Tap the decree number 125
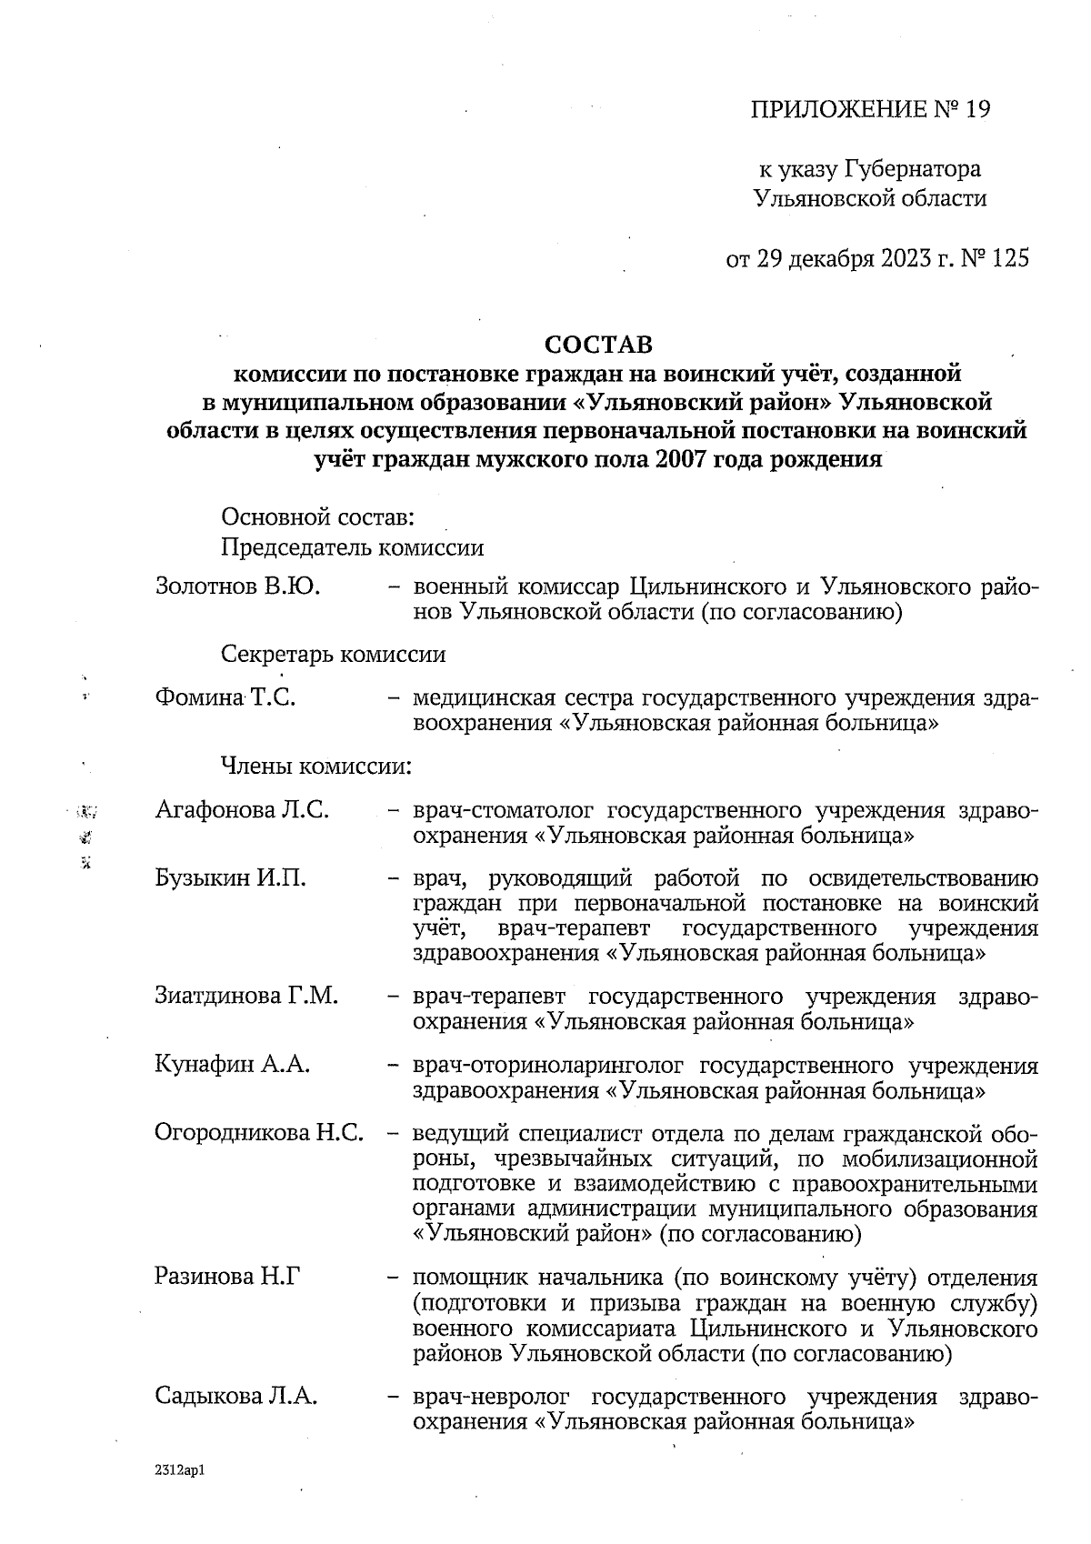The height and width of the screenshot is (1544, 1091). click(x=1011, y=259)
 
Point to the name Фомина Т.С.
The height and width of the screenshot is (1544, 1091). click(x=225, y=698)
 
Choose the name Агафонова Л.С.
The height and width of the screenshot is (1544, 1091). click(x=242, y=809)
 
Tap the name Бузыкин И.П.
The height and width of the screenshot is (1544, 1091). click(x=230, y=878)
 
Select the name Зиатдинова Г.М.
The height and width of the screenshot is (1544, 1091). click(x=246, y=996)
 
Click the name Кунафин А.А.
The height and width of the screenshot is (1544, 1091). click(x=233, y=1065)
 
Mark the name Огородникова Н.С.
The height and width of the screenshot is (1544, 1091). click(x=259, y=1133)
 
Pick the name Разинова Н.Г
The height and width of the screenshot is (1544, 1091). click(x=228, y=1277)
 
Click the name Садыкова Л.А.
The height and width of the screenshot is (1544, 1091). click(x=236, y=1396)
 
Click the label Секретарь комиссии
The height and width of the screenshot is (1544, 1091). click(x=333, y=655)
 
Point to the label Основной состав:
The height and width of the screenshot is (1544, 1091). click(x=318, y=518)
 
